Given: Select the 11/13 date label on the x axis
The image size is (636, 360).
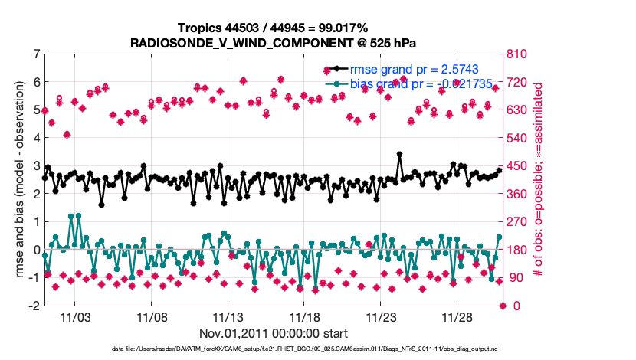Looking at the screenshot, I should click(228, 316).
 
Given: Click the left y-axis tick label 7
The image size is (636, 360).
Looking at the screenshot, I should click(36, 54).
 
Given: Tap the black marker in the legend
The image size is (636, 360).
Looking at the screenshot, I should click(335, 69).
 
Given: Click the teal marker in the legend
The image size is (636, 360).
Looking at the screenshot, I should click(335, 83).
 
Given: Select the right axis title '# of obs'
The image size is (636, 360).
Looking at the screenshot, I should click(539, 180).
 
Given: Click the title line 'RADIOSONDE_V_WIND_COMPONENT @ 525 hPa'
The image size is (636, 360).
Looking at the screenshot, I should click(274, 42).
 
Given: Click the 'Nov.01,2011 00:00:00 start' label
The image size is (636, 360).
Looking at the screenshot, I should click(274, 333).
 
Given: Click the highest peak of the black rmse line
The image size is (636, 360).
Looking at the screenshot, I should click(400, 154).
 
